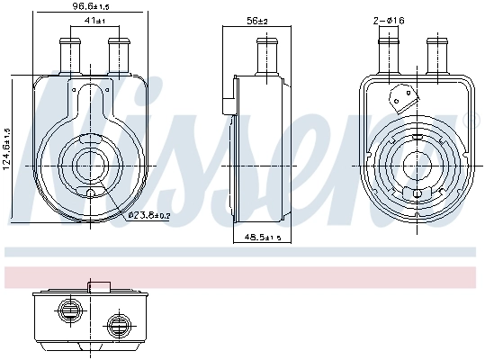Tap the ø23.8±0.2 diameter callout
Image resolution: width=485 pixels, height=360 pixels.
[x=148, y=214]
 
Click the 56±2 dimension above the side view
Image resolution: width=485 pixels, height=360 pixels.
[x=258, y=21]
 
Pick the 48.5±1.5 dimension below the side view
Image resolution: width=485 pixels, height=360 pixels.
[x=263, y=237]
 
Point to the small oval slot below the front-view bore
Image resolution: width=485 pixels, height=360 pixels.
[x=91, y=194]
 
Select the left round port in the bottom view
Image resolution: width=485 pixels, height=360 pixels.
[x=68, y=309]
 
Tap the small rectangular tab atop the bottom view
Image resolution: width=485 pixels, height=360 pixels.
[x=99, y=287]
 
